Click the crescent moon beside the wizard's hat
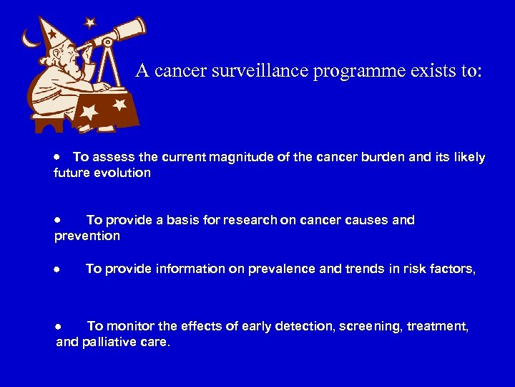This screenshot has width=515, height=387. pyautogui.click(x=28, y=37)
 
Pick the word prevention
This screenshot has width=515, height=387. pyautogui.click(x=87, y=236)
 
